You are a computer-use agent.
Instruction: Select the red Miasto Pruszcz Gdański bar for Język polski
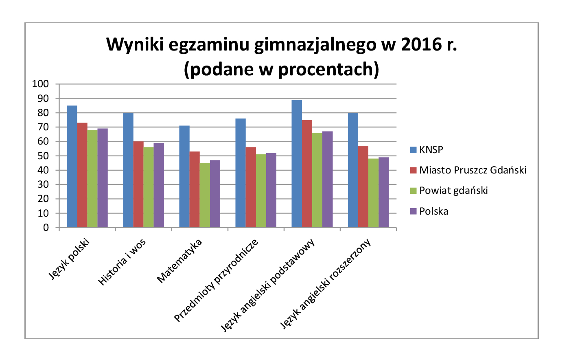(82, 175)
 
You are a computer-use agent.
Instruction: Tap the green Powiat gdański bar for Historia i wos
(149, 187)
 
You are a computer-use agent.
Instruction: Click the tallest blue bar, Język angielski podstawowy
(297, 163)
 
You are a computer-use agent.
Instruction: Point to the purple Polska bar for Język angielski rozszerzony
(384, 192)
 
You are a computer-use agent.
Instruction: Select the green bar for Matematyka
(205, 195)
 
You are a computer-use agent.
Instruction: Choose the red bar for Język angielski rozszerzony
(363, 187)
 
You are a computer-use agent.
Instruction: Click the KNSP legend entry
(431, 150)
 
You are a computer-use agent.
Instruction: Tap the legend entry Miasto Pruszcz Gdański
(473, 170)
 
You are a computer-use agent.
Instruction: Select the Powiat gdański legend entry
(453, 191)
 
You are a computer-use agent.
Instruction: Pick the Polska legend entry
(433, 211)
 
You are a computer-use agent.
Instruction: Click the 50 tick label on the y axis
(43, 156)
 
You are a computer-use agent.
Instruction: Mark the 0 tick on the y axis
(46, 228)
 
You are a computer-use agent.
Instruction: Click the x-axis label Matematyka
(179, 261)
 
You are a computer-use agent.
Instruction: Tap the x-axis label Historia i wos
(122, 262)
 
